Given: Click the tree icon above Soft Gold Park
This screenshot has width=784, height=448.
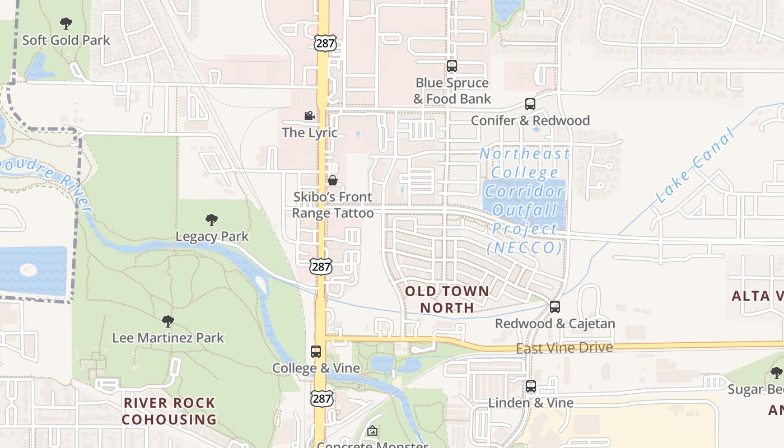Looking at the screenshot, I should (66, 24).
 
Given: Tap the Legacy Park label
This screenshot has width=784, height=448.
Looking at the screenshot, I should (212, 236).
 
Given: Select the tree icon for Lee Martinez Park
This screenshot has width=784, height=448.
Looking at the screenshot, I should (167, 321).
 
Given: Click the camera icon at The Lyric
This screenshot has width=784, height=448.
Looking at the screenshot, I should (309, 116).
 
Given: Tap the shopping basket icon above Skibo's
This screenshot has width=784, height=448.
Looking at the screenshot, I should (333, 180).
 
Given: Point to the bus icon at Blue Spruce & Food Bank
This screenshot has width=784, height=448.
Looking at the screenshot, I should (452, 66).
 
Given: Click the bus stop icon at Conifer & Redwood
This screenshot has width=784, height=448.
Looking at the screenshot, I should (530, 104).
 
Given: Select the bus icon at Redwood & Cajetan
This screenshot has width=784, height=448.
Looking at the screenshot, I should (555, 307).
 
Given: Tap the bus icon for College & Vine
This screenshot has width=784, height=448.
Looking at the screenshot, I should (316, 352).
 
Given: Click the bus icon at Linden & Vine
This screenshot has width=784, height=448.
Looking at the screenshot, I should (531, 386).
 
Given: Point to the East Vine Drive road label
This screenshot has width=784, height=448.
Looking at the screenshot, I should (564, 348).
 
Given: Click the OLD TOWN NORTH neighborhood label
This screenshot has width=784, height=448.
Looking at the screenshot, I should (447, 299).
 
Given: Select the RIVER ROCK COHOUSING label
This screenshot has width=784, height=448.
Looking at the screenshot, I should (169, 411).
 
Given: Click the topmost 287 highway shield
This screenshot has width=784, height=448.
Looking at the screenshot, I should (325, 43).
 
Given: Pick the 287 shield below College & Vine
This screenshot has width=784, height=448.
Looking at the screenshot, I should (323, 398).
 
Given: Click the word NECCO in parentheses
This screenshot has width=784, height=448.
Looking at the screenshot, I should (525, 247).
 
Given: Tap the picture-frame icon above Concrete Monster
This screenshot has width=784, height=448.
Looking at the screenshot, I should (372, 431).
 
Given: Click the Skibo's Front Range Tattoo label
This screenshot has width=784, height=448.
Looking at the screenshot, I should (333, 205).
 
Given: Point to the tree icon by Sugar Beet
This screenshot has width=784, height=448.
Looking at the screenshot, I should (776, 373).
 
